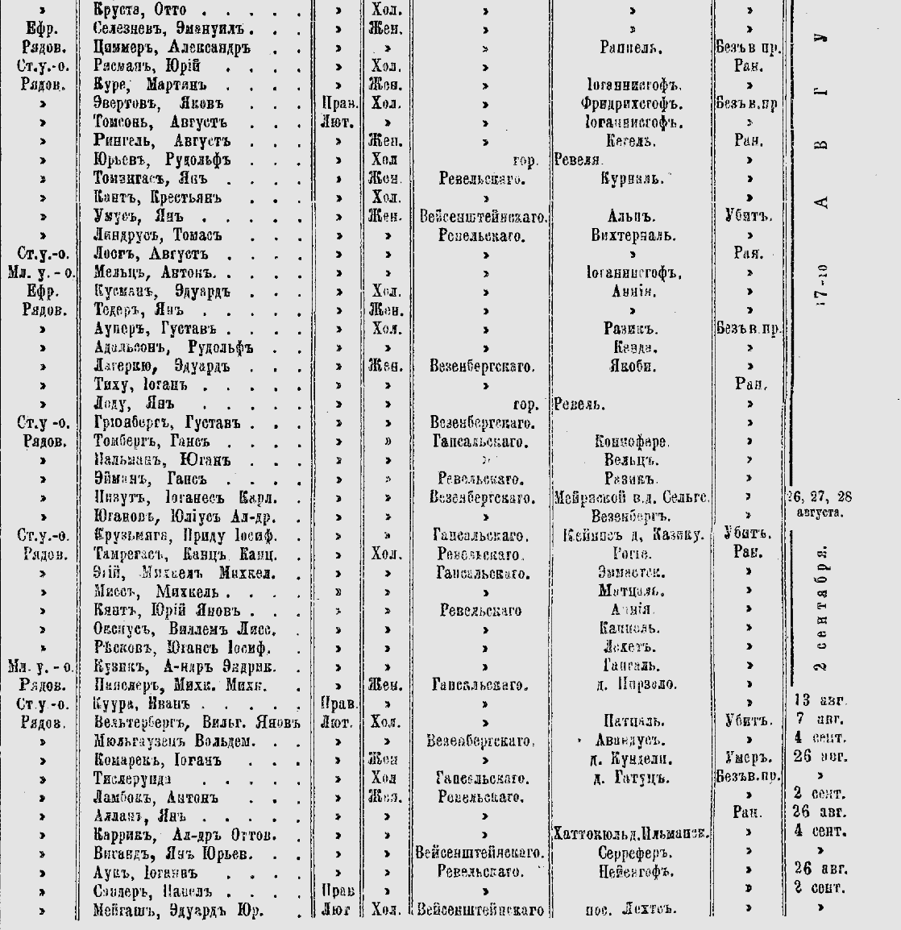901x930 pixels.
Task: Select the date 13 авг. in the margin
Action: click(x=816, y=700)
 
